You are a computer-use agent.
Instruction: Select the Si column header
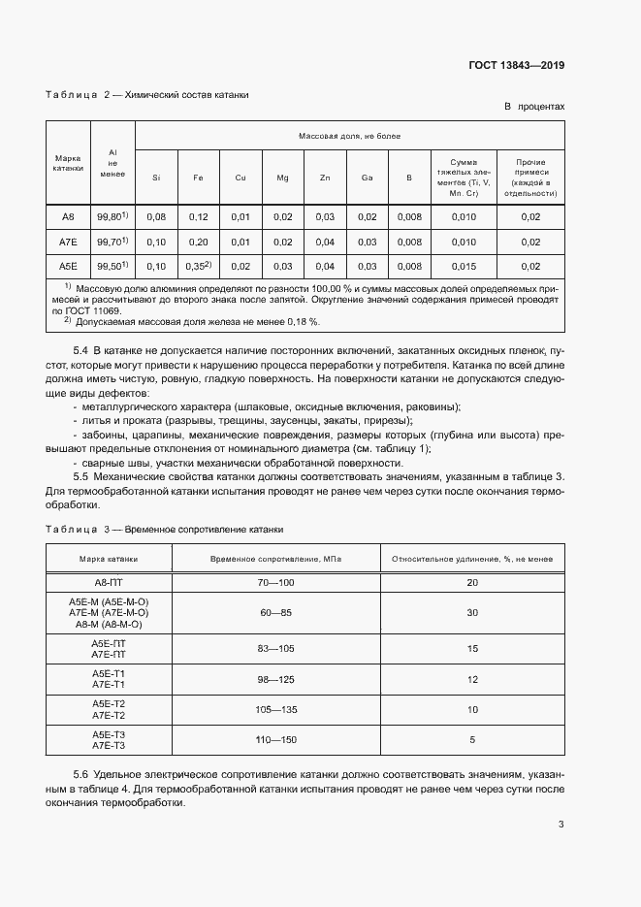pyautogui.click(x=157, y=178)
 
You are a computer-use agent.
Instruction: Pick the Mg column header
pyautogui.click(x=282, y=178)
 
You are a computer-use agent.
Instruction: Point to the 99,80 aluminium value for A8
pyautogui.click(x=112, y=216)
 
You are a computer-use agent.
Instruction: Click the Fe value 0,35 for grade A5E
pyautogui.click(x=197, y=265)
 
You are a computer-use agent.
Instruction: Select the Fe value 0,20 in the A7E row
pyautogui.click(x=199, y=242)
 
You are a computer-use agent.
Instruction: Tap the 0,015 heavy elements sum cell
pyautogui.click(x=465, y=266)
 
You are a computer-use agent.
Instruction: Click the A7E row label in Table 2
pyautogui.click(x=68, y=242)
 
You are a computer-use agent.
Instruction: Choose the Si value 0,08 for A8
pyautogui.click(x=157, y=216)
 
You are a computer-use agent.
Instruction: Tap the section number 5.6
pyautogui.click(x=81, y=776)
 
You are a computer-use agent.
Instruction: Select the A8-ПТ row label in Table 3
pyautogui.click(x=109, y=582)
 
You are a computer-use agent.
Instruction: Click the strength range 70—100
pyautogui.click(x=275, y=582)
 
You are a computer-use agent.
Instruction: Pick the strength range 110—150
pyautogui.click(x=275, y=740)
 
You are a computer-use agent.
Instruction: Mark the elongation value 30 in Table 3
pyautogui.click(x=472, y=613)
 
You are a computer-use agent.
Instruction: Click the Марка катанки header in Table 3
pyautogui.click(x=109, y=559)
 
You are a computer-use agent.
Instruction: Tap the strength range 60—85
pyautogui.click(x=275, y=613)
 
